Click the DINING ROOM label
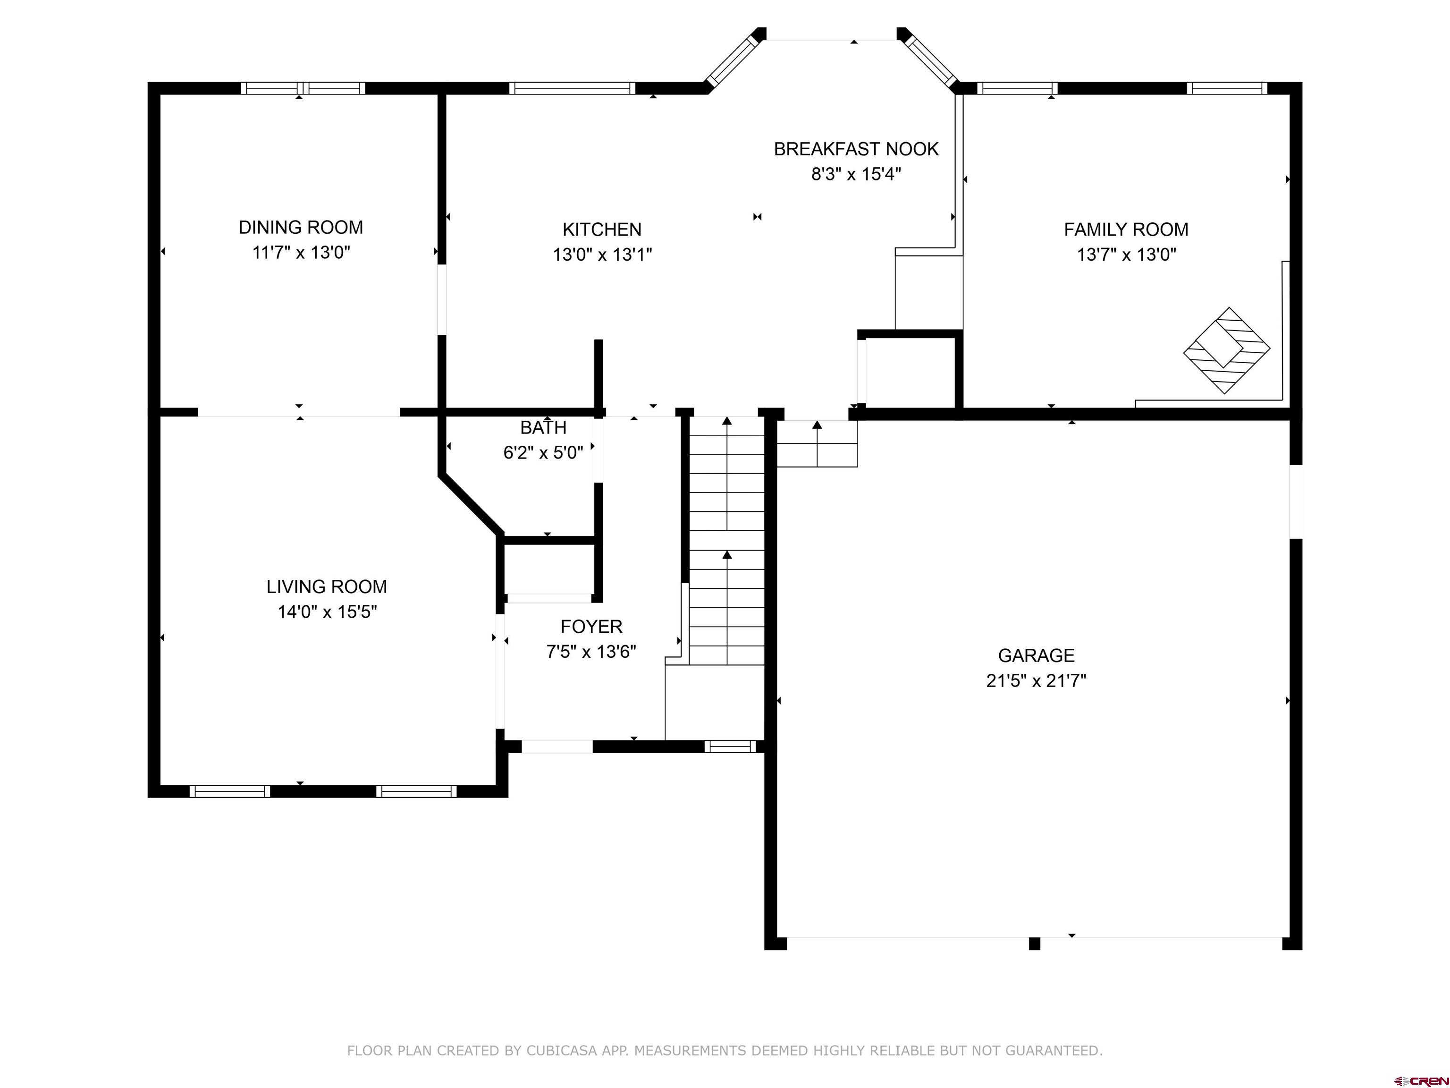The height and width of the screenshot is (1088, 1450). click(301, 228)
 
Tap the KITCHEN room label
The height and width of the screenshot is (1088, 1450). click(602, 229)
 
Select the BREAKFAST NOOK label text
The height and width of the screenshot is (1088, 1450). click(856, 150)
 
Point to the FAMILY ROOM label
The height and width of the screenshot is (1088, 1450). click(1126, 229)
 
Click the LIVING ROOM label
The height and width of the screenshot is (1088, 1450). click(327, 587)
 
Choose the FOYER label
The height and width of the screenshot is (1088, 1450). click(591, 627)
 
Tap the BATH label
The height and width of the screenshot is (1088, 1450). click(543, 427)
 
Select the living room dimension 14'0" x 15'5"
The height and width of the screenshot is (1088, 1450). click(327, 612)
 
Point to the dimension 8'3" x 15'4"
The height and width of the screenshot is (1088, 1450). click(856, 174)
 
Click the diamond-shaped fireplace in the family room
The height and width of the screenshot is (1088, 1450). click(1226, 351)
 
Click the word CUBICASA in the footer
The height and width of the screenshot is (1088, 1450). click(562, 1051)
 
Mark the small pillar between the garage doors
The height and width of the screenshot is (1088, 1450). click(1035, 943)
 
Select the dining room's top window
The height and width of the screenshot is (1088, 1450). click(303, 88)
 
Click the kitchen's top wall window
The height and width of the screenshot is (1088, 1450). click(572, 88)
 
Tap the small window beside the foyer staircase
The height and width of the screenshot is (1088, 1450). click(730, 746)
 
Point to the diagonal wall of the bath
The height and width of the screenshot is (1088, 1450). click(471, 504)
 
